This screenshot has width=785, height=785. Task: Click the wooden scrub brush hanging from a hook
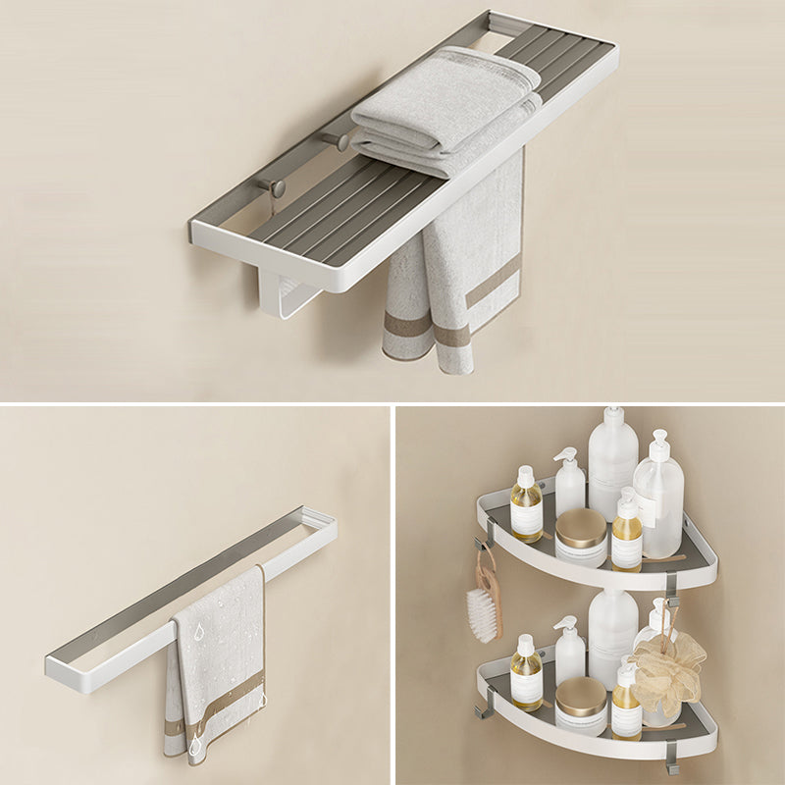tap(485, 603)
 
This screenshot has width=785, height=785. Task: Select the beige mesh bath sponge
tap(668, 671)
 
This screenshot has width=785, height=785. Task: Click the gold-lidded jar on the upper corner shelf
tap(581, 536)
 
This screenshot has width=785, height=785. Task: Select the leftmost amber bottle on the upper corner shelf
tap(526, 507)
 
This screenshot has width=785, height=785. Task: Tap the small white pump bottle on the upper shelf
tap(569, 481)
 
